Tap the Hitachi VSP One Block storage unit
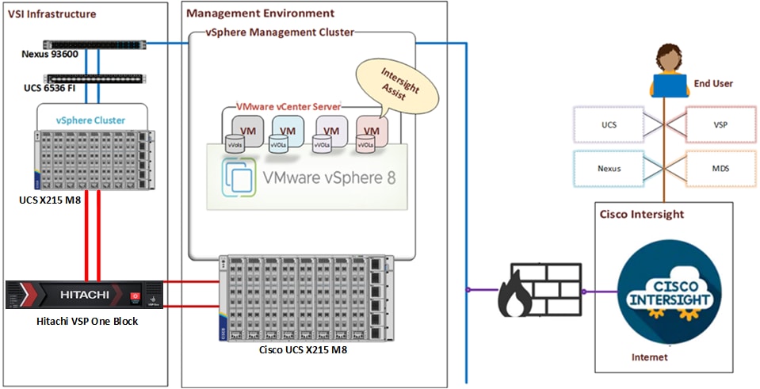(x=84, y=295)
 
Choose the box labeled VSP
(x=720, y=125)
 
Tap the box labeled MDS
(x=720, y=169)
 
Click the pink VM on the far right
(x=371, y=132)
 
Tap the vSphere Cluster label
(x=90, y=120)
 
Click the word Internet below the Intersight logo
(x=650, y=357)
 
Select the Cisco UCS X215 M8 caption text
(x=303, y=349)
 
